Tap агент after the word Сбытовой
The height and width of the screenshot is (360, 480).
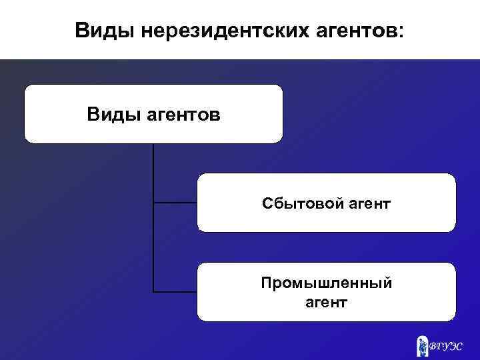[369, 202]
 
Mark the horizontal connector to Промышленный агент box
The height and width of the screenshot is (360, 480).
[175, 291]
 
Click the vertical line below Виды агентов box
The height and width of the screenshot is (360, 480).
[153, 173]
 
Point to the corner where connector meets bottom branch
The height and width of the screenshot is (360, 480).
[153, 291]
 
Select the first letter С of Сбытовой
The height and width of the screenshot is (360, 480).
[266, 202]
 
